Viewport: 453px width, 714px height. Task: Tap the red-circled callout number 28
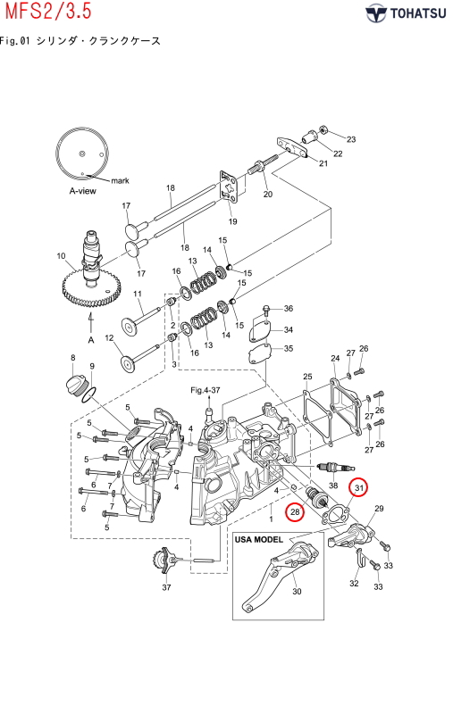click(x=295, y=511)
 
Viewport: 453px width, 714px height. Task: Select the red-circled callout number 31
click(x=359, y=488)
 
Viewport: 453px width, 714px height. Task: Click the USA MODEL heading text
click(x=258, y=540)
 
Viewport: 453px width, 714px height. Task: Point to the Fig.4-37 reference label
click(x=206, y=390)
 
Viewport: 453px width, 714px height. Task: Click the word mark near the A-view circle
click(x=120, y=181)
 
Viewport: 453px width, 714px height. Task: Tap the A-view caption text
click(x=82, y=191)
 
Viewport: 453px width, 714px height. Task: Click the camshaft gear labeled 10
click(x=91, y=288)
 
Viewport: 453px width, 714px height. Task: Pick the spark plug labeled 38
click(x=335, y=468)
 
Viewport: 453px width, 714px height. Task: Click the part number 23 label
click(x=351, y=139)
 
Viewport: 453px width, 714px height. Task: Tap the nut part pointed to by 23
click(x=323, y=129)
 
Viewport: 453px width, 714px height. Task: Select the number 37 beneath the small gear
click(x=166, y=587)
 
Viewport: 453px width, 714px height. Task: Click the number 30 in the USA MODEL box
click(x=297, y=592)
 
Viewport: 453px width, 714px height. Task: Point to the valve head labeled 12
click(x=128, y=363)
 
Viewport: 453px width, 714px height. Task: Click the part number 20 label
click(x=268, y=194)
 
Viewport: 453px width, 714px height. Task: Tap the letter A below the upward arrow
click(x=91, y=340)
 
